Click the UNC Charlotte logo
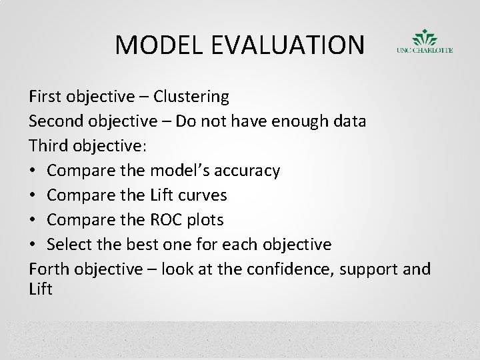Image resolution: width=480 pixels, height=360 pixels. pos(424,41)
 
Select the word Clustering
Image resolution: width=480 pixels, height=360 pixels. pos(191,97)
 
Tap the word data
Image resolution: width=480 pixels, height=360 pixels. pos(349,121)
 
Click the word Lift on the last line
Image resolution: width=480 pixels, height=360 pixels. pos(41,289)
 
